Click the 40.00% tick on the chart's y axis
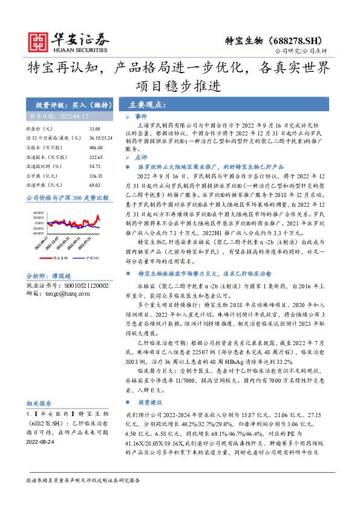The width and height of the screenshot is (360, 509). (x=38, y=212)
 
